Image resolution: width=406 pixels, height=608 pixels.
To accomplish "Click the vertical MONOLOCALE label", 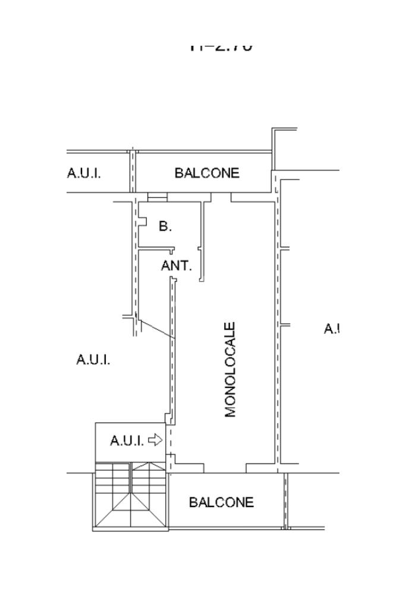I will [231, 370].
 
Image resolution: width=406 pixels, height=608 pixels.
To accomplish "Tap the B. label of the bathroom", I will [165, 226].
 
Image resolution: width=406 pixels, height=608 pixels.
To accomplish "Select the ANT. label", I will [177, 266].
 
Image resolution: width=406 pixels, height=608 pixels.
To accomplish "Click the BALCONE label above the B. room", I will [207, 173].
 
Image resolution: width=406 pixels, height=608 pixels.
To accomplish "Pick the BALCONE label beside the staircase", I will [221, 502].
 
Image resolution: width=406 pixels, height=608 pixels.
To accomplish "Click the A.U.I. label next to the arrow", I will [127, 441].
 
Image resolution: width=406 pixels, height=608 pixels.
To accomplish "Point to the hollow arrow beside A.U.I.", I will [155, 440].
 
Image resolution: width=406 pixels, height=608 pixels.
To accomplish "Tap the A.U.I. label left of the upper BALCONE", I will [84, 174].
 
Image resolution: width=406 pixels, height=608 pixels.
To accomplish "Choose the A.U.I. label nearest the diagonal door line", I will [93, 360].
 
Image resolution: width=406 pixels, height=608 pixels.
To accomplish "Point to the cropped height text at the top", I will [221, 46].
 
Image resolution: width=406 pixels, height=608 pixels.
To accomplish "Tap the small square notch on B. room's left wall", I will [142, 221].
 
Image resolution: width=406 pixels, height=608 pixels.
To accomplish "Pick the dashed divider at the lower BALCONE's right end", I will [285, 501].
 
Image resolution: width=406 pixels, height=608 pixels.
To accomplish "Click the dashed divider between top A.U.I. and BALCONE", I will [133, 171].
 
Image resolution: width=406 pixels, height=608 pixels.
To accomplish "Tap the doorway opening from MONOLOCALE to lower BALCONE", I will [225, 470].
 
